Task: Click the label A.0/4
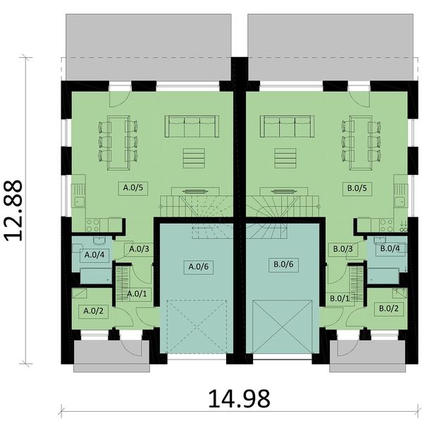point(94,255)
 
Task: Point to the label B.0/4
point(390,248)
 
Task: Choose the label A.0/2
point(94,310)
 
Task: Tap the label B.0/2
point(389,308)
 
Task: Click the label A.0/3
point(138,248)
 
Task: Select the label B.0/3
point(342,249)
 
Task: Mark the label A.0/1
point(137,294)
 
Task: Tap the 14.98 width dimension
point(238,399)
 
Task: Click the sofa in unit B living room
point(288,127)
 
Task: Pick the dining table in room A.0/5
point(118,141)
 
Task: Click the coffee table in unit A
point(192,157)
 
